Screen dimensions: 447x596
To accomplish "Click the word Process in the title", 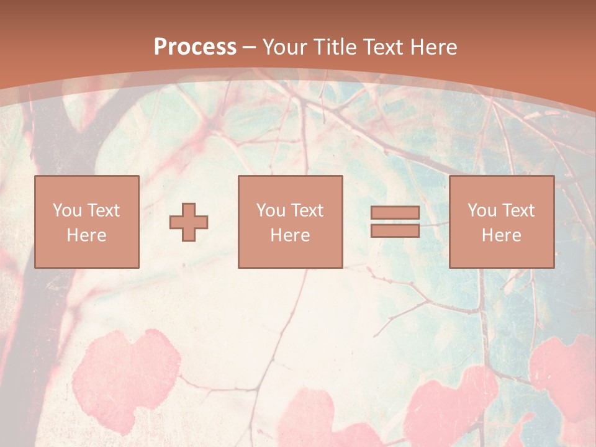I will (x=195, y=47).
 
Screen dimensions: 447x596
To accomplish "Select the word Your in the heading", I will (x=285, y=47).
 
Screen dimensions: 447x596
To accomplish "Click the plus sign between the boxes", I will (x=189, y=222).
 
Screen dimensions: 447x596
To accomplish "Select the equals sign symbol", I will (x=395, y=222).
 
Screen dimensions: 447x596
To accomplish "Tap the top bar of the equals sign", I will (x=395, y=213).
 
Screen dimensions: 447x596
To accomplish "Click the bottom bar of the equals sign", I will (x=395, y=230).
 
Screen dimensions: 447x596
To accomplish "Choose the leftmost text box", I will (x=86, y=222).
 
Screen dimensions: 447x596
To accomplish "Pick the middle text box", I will (x=290, y=222).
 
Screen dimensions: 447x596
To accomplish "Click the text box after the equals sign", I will (x=501, y=222).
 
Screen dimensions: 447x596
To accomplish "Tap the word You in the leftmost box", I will (x=67, y=210).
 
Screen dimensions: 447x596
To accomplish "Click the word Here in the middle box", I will (x=290, y=235).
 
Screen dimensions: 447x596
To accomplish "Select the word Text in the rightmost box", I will (x=519, y=210).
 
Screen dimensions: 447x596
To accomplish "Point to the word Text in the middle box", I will (x=308, y=210).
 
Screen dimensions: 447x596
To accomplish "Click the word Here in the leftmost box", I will (x=86, y=235).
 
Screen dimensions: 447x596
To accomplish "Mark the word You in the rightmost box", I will (x=482, y=210).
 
